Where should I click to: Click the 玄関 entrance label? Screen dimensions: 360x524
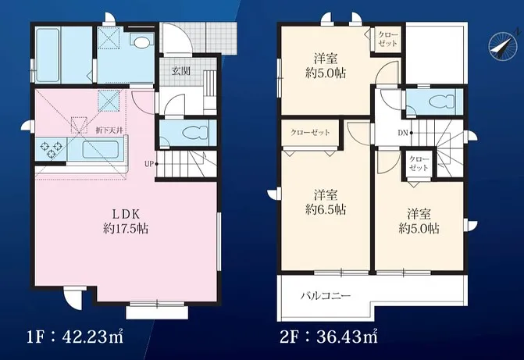181,71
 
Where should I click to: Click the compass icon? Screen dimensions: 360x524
501,48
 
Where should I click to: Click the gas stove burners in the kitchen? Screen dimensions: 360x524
48,148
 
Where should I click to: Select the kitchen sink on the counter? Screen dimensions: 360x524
100,148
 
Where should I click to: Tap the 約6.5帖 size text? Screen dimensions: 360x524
326,209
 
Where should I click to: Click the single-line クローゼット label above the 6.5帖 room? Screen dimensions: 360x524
310,132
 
